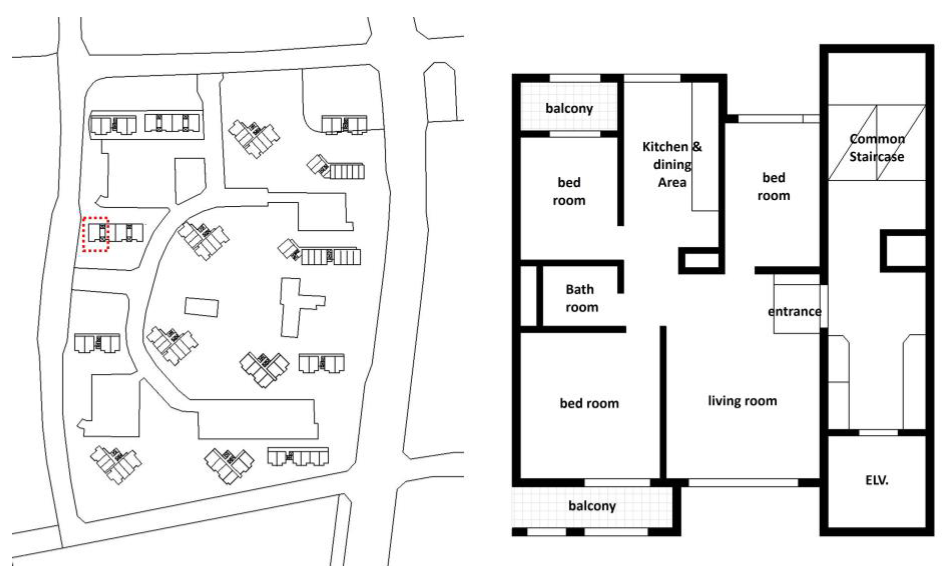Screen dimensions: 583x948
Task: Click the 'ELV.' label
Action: pos(877,480)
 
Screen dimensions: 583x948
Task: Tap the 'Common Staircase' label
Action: pos(877,148)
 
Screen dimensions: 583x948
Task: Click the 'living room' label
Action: pos(742,401)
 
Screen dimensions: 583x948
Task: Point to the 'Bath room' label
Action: pos(581,298)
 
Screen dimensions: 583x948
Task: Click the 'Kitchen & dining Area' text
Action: pos(672,165)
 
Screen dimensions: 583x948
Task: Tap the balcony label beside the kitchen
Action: pos(569,108)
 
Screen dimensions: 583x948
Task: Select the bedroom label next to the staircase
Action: pos(774,187)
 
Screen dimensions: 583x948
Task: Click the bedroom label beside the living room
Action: pos(589,403)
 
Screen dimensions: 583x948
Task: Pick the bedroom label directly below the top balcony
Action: pos(569,191)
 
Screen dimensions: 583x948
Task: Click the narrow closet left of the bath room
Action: pos(528,296)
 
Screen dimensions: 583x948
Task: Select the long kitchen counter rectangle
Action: pos(704,147)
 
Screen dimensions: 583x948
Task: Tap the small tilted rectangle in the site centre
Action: pos(201,307)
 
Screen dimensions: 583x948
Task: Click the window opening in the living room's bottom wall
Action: pos(743,483)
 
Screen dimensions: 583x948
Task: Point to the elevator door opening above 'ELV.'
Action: pos(879,433)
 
